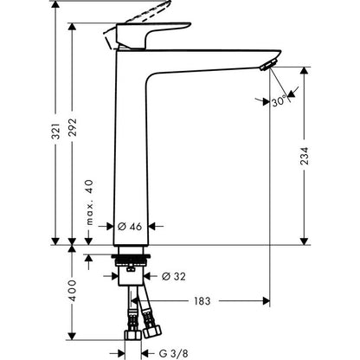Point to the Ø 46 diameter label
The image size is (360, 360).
pyautogui.click(x=130, y=226)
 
